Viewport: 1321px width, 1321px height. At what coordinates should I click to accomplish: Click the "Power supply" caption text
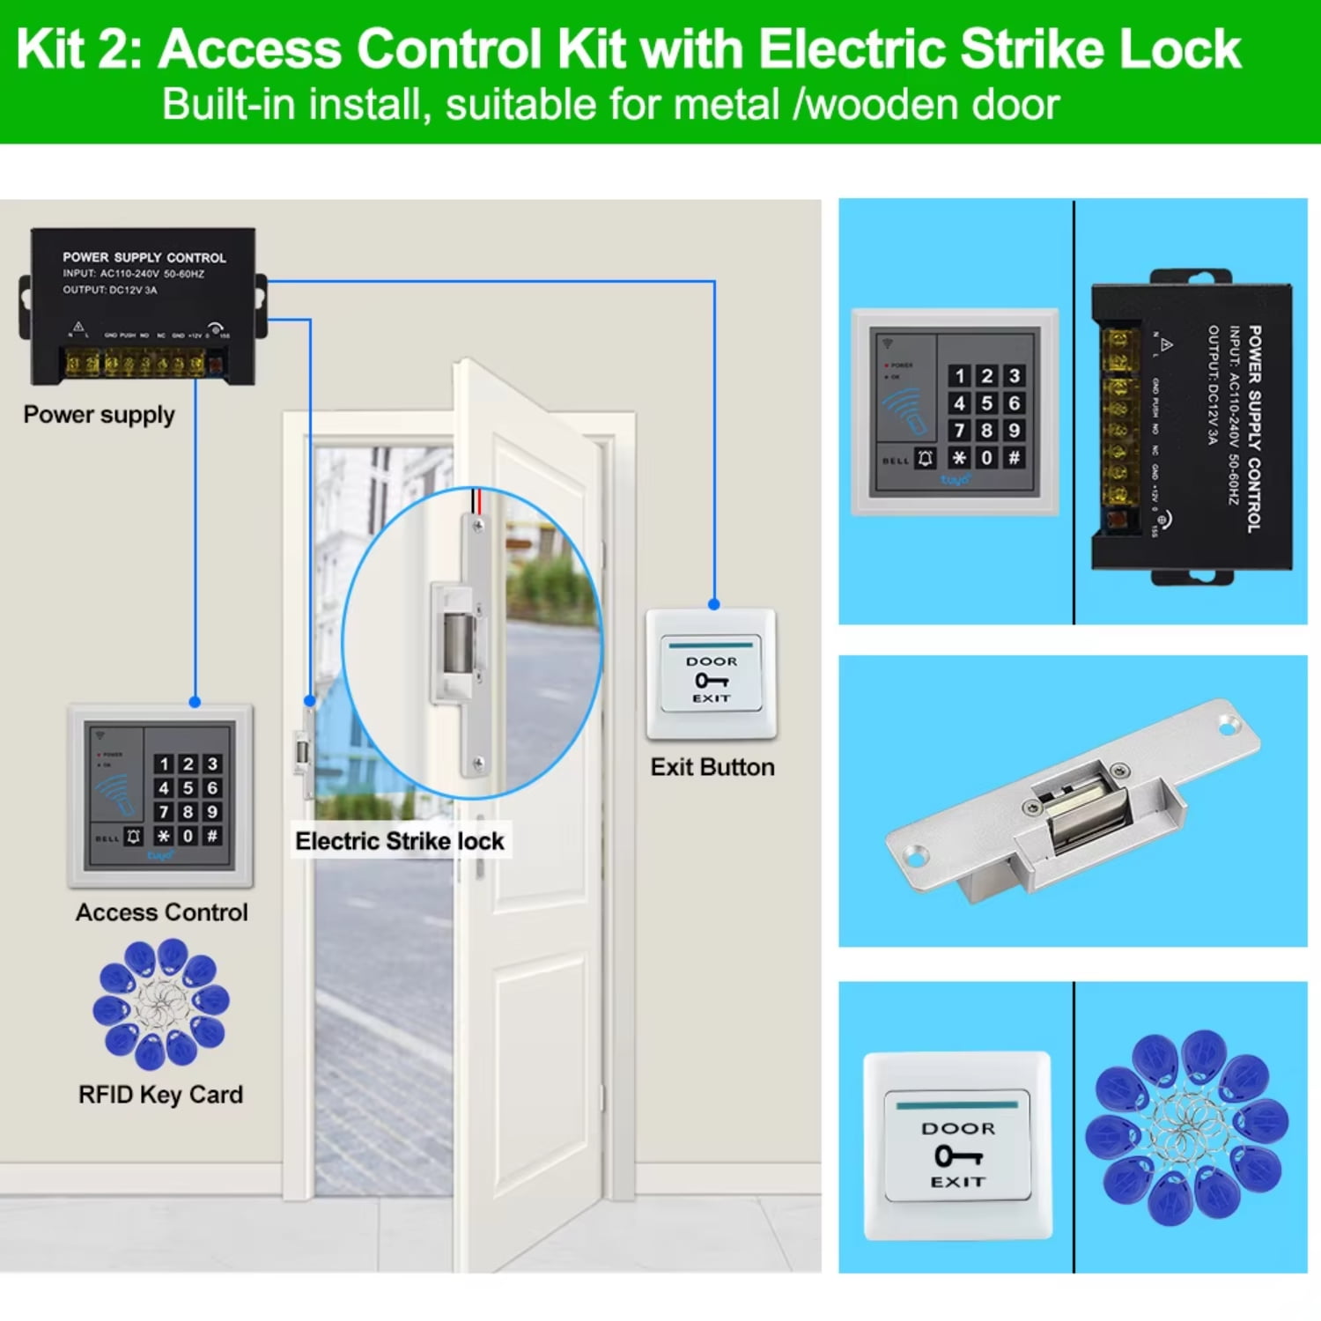click(x=99, y=415)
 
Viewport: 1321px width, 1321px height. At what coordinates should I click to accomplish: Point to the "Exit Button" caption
click(x=712, y=767)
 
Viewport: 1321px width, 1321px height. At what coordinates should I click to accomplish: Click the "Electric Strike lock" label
click(x=399, y=841)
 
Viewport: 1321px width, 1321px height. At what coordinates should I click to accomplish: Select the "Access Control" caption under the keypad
click(x=161, y=912)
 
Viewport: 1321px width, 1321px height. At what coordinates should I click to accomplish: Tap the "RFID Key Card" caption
click(x=160, y=1095)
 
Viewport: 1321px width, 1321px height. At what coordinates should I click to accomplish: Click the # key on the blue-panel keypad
click(x=1014, y=458)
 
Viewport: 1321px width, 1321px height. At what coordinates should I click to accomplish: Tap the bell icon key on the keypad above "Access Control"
click(x=134, y=836)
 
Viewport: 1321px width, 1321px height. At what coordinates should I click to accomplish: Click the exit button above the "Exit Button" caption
click(x=711, y=675)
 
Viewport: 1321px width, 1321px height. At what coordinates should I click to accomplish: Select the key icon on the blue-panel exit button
click(x=957, y=1155)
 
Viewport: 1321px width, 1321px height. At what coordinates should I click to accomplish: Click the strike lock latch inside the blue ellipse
click(x=456, y=641)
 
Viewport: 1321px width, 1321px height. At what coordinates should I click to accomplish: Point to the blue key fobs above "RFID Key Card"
click(x=161, y=1003)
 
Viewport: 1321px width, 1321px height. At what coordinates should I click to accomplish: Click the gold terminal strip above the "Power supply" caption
click(x=137, y=362)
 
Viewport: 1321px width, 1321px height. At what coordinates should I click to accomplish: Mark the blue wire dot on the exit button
click(x=714, y=604)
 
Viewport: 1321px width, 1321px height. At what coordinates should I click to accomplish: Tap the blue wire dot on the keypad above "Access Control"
click(x=195, y=702)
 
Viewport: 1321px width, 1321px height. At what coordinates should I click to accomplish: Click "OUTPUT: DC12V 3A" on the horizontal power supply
click(x=109, y=290)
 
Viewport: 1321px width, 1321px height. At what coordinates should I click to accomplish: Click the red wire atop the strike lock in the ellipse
click(x=479, y=500)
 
